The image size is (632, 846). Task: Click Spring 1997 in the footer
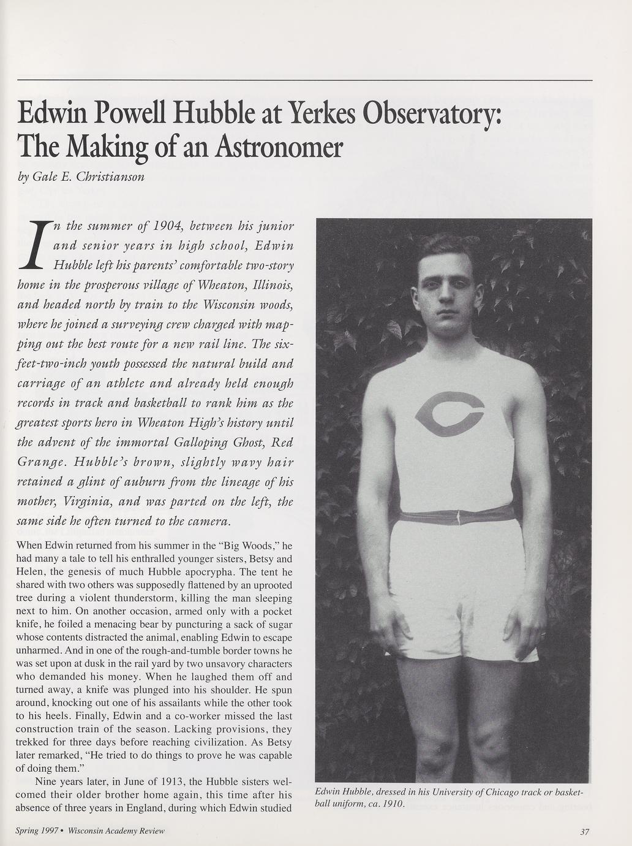36,831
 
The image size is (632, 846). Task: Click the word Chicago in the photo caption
497,792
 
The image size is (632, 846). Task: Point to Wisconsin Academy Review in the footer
116,831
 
